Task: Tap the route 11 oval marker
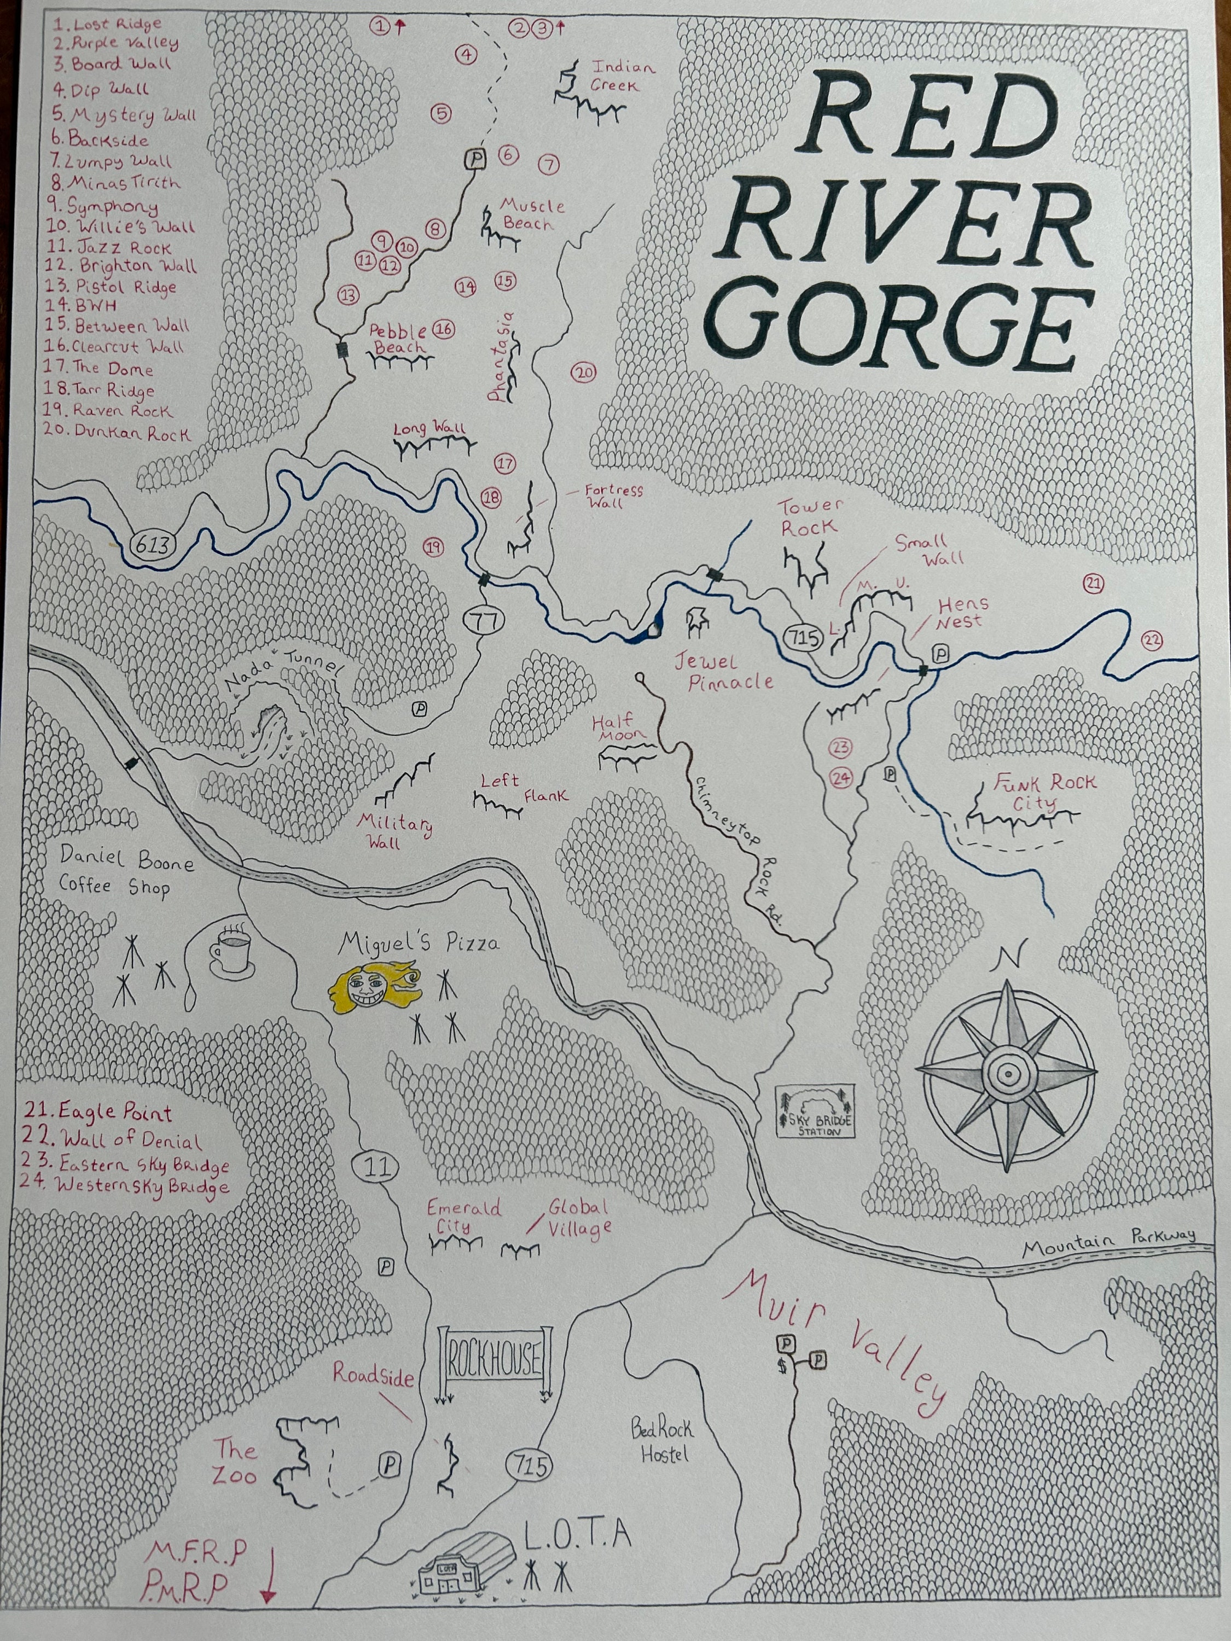tap(377, 1167)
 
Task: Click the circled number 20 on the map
tap(583, 373)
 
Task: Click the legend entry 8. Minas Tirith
tap(115, 182)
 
